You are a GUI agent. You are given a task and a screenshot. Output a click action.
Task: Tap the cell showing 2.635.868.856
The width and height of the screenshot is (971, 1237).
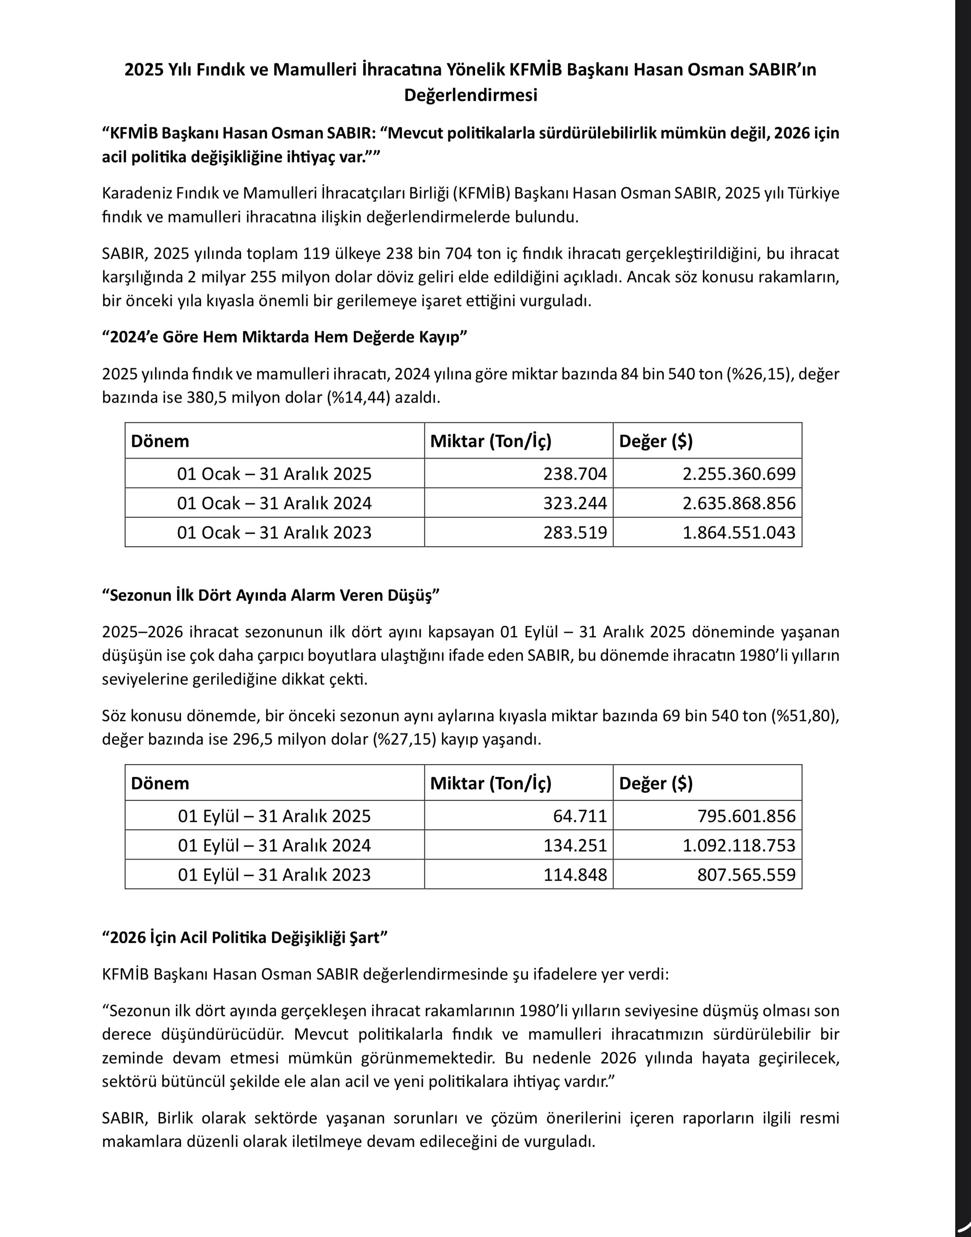[739, 503]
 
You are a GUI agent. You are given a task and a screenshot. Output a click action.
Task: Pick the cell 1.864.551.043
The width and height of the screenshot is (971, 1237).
[739, 533]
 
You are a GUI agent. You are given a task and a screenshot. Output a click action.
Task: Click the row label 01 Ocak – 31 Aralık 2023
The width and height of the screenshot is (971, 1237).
[274, 533]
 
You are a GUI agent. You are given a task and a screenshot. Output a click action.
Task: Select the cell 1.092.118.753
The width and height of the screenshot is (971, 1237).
[739, 845]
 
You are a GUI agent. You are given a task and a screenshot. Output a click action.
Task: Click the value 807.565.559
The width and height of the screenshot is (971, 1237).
[746, 874]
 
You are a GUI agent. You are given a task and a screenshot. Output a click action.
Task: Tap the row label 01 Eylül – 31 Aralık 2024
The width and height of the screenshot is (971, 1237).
[274, 845]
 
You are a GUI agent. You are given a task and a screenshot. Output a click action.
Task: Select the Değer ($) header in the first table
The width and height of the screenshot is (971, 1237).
[656, 441]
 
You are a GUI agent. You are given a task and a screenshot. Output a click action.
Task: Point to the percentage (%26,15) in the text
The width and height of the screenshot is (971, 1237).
[759, 374]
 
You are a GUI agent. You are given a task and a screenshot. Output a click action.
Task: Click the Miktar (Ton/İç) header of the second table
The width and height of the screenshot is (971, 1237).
[491, 783]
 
